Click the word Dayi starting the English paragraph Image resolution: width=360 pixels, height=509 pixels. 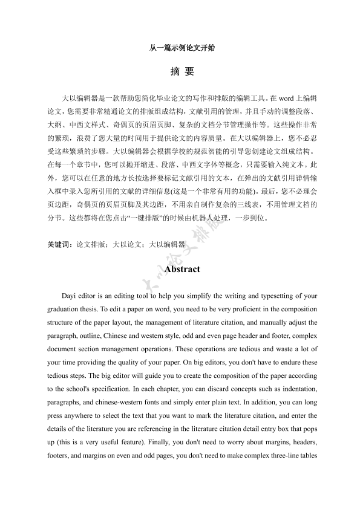pyautogui.click(x=71, y=296)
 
